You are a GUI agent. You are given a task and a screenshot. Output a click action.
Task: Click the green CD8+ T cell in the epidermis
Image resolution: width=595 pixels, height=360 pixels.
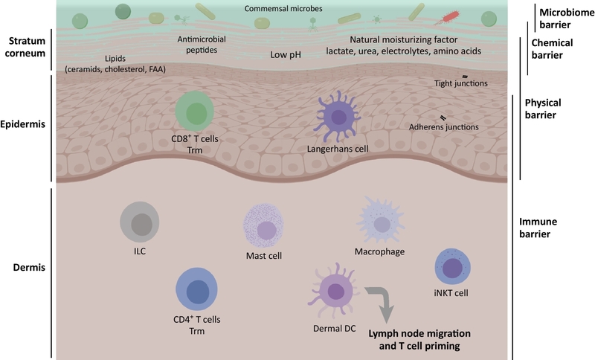pyautogui.click(x=195, y=114)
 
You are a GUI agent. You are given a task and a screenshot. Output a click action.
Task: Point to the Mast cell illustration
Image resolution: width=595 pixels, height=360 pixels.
pyautogui.click(x=264, y=227)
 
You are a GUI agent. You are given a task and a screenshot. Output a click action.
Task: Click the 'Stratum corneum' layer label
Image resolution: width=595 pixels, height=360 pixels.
pyautogui.click(x=25, y=47)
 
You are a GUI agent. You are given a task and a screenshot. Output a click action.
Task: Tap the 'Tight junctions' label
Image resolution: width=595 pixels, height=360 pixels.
pyautogui.click(x=461, y=83)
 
